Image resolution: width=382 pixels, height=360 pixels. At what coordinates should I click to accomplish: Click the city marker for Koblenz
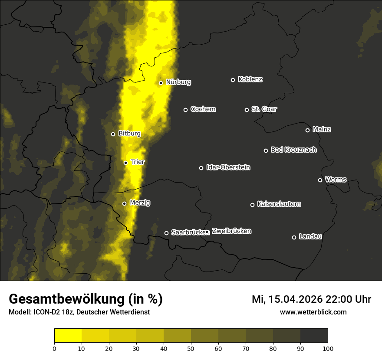(233, 80)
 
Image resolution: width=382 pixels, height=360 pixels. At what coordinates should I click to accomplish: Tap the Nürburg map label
(178, 82)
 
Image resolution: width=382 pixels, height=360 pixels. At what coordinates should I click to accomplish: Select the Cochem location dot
(185, 110)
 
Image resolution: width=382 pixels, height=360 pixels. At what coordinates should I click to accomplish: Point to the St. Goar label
(264, 109)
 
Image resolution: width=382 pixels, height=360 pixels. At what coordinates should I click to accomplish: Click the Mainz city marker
(307, 130)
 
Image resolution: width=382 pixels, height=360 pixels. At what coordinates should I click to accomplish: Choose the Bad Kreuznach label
(293, 150)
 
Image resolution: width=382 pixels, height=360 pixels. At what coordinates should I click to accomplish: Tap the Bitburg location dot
(113, 134)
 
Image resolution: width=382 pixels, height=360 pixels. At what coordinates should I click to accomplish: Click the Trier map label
(138, 162)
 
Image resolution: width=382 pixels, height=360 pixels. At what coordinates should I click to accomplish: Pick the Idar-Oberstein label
(228, 167)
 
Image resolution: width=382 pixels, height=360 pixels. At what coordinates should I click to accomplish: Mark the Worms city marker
(320, 180)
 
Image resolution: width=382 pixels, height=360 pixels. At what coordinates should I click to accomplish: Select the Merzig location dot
(124, 203)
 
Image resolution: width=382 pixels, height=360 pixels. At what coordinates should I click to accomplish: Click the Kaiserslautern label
(279, 204)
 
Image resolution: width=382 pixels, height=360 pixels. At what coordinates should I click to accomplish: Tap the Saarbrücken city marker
(166, 233)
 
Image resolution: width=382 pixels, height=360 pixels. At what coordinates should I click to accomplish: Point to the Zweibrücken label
(231, 231)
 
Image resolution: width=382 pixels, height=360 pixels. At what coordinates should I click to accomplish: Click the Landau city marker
(294, 237)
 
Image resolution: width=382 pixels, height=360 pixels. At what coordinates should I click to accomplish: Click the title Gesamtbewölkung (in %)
(86, 299)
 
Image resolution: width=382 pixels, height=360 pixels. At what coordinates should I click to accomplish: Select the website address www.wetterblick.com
(313, 312)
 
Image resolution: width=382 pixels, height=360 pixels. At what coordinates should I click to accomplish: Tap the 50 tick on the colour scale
(191, 348)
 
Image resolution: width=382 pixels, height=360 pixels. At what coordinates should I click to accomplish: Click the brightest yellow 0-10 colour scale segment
(68, 336)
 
